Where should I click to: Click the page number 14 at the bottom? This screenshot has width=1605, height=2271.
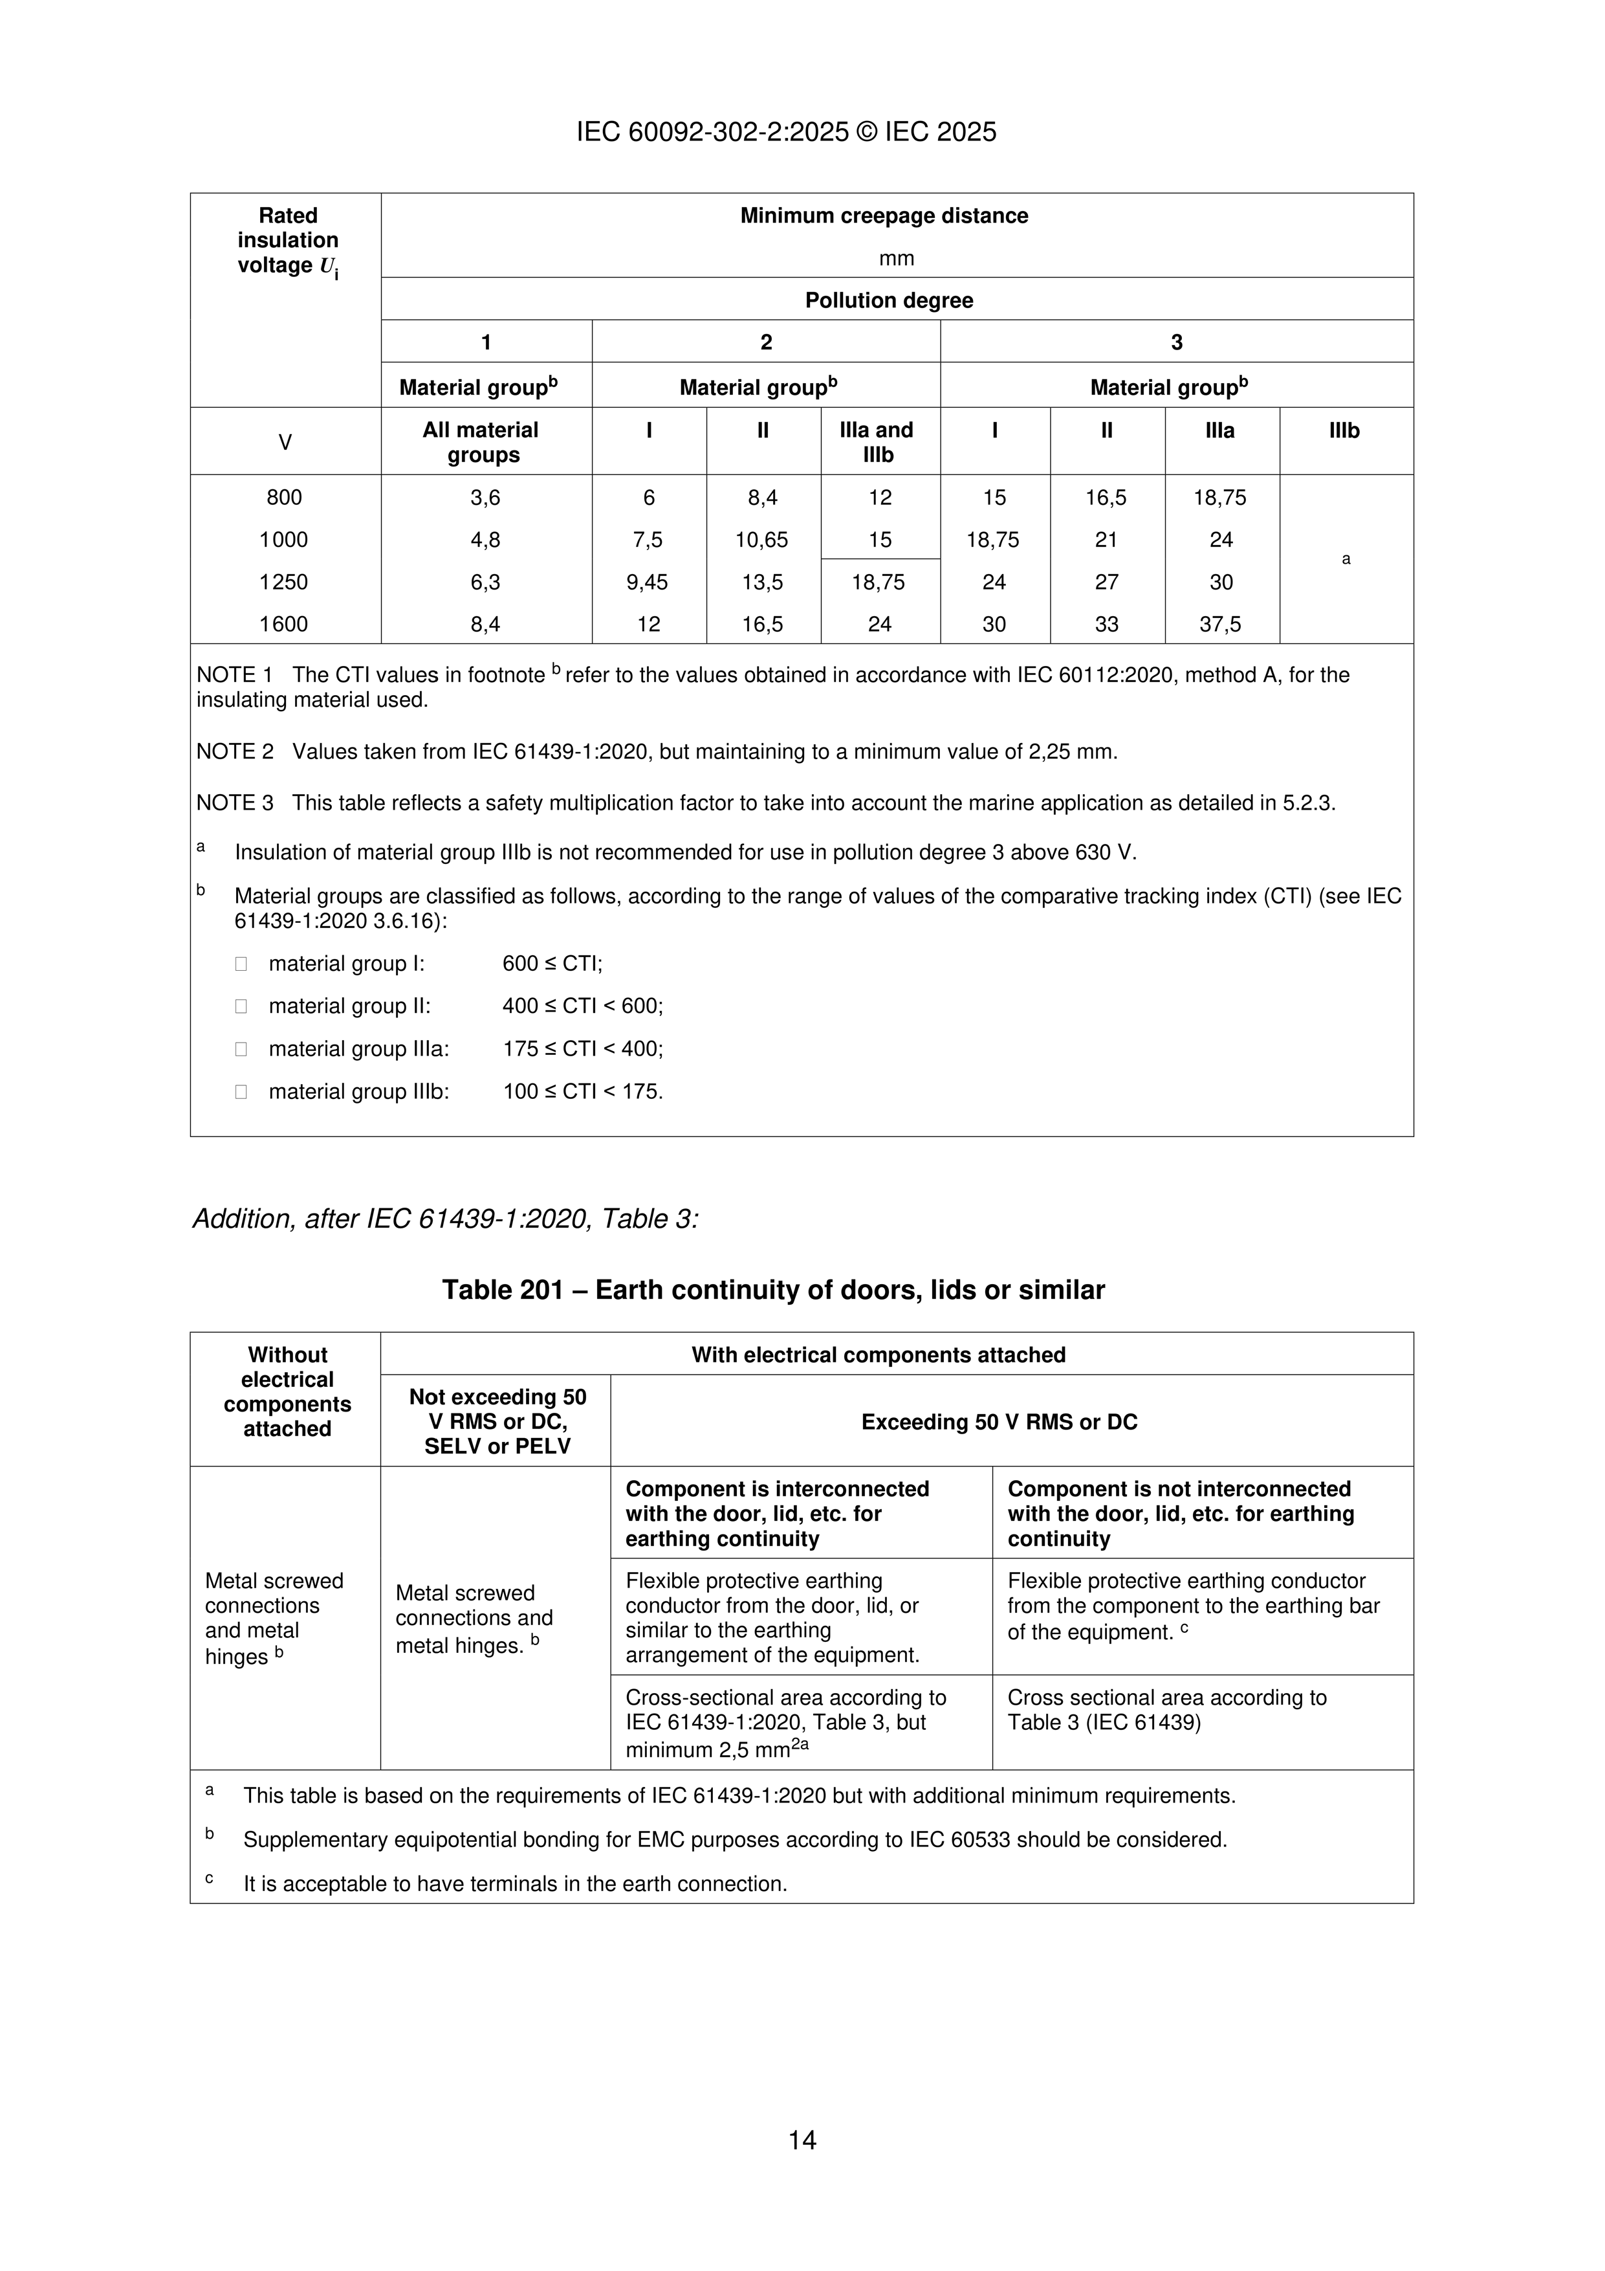[802, 2140]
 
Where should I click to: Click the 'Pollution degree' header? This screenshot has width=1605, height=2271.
[888, 301]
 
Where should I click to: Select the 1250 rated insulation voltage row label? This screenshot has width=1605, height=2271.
[284, 582]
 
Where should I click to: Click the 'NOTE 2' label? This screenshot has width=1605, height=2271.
[234, 752]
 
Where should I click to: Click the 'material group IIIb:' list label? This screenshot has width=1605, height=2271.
[358, 1092]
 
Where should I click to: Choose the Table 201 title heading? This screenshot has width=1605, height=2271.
[772, 1290]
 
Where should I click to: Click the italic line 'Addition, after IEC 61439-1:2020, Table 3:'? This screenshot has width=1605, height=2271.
[445, 1219]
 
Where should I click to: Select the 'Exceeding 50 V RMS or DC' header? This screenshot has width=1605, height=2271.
[999, 1423]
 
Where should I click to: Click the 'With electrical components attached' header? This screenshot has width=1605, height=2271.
[878, 1355]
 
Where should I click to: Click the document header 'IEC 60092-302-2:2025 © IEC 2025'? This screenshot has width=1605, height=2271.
[786, 131]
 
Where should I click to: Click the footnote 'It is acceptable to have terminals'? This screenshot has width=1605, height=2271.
[514, 1884]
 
